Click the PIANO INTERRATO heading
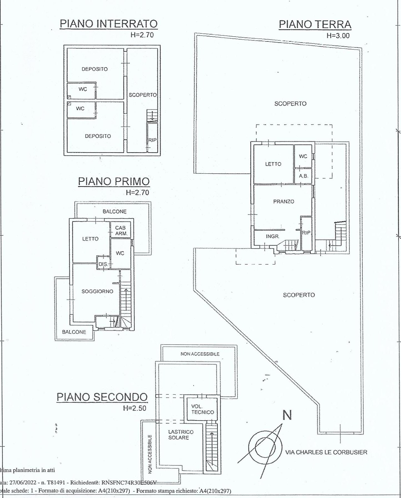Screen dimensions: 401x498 click(109, 24)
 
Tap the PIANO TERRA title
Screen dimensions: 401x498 click(315, 24)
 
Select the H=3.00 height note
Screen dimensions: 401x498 click(338, 35)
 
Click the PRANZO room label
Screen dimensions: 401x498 click(283, 201)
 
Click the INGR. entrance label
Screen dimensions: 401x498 click(272, 237)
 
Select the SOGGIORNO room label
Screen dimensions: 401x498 click(97, 291)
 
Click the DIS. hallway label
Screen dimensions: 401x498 click(103, 264)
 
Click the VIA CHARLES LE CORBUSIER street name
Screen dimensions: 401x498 click(326, 452)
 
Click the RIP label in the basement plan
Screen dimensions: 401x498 click(152, 140)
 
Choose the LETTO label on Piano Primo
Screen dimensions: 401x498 click(90, 239)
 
